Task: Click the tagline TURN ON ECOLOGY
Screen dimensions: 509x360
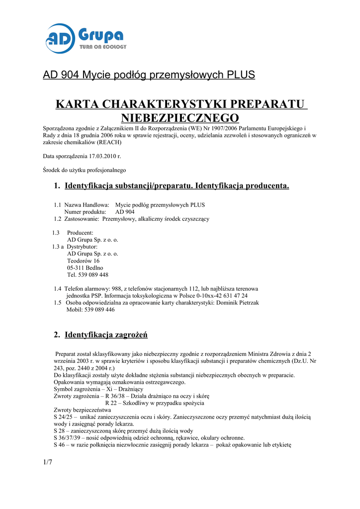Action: (103, 47)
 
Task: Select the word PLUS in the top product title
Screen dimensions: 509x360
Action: (241, 75)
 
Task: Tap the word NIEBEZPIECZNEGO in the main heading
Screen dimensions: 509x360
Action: (180, 118)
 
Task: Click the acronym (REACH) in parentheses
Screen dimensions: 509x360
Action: (108, 142)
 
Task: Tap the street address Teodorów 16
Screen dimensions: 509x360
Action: (83, 260)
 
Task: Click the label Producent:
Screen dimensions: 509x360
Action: (80, 233)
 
